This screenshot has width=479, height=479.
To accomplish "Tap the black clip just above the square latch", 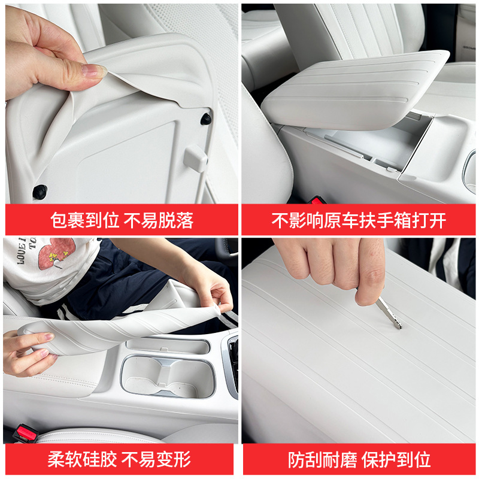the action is click(206, 119).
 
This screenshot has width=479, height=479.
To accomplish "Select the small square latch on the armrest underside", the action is click(196, 159).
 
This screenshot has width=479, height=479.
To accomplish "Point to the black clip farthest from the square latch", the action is click(40, 192).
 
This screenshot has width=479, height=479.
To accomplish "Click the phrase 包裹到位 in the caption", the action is click(84, 220).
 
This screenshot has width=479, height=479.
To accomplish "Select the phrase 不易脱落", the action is click(159, 220).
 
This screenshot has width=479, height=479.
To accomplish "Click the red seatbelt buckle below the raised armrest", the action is click(318, 201).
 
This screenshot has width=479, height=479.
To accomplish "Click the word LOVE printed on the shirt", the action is click(22, 250).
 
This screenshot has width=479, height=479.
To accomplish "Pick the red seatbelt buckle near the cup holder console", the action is click(26, 433).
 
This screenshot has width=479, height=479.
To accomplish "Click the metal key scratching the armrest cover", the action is click(388, 312).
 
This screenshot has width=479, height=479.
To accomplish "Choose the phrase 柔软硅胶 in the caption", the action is click(82, 459).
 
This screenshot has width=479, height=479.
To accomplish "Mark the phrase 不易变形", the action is click(156, 459).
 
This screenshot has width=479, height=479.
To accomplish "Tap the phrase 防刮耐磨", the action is click(323, 460).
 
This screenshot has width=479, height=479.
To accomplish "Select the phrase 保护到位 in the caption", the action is click(396, 460).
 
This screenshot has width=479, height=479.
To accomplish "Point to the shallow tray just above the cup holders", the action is click(168, 346).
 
